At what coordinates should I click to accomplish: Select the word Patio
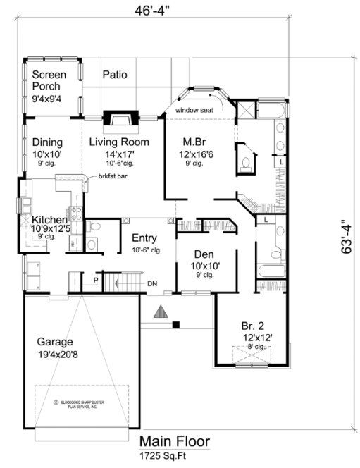[x=115, y=74]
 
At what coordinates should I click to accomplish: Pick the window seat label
[x=194, y=111]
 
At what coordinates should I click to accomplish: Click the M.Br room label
[x=194, y=141]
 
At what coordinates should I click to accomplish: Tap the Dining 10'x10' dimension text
[x=47, y=154]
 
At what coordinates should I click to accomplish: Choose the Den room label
[x=204, y=254]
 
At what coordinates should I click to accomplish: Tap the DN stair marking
[x=152, y=284]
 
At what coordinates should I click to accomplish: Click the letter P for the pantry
[x=96, y=281]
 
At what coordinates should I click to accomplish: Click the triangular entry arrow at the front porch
[x=161, y=312]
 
